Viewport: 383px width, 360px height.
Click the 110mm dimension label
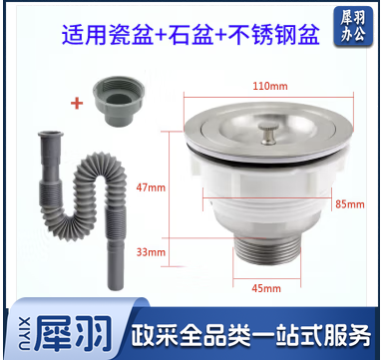point(270,86)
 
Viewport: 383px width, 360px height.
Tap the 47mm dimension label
point(151,187)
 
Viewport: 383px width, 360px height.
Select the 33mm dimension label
point(151,252)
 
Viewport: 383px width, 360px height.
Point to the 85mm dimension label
point(350,203)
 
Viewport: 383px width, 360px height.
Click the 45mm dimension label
point(266,288)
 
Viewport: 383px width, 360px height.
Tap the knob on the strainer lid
point(268,135)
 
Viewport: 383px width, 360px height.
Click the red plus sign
point(77,104)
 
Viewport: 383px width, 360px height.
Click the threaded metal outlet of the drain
point(267,250)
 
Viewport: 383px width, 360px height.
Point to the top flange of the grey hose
point(51,135)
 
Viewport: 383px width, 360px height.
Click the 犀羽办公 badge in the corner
point(353,26)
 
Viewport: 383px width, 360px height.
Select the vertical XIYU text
point(26,333)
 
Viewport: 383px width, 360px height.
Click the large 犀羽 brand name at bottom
point(73,333)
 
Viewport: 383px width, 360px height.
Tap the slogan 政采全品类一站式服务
point(250,334)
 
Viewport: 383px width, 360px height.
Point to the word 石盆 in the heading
point(191,35)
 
